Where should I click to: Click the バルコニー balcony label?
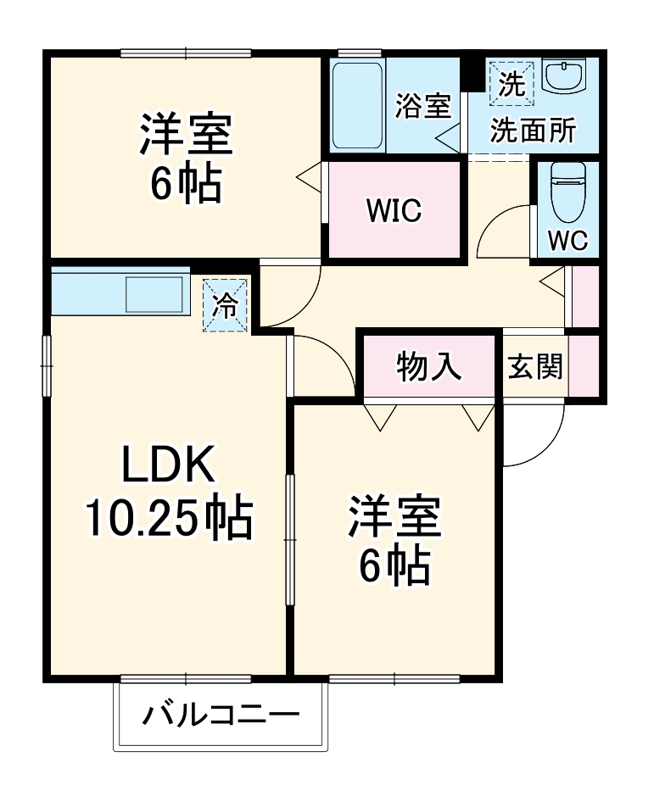click(220, 716)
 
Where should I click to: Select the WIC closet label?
click(394, 210)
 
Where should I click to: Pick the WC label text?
click(566, 241)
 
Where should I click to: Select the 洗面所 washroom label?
click(534, 131)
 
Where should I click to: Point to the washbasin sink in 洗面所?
click(563, 78)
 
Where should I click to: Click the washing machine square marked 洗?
click(511, 82)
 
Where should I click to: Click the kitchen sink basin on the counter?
click(155, 295)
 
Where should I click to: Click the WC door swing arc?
click(502, 231)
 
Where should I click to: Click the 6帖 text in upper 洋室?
click(186, 185)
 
